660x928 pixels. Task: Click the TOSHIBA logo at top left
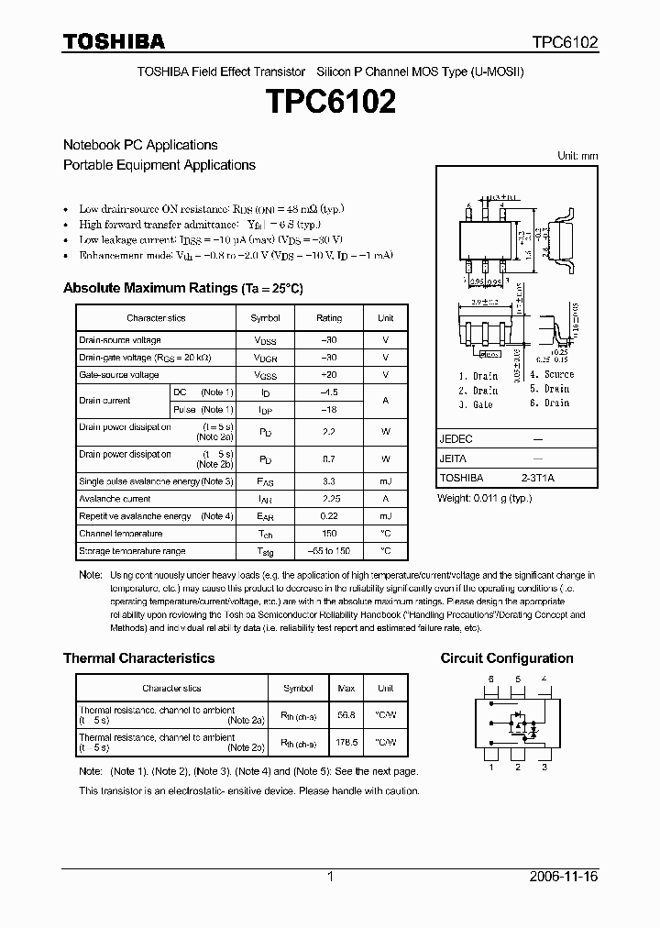[x=114, y=41]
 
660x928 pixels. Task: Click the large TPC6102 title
[x=330, y=103]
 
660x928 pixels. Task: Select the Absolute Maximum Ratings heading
[x=182, y=288]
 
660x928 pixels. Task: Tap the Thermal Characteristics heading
[x=138, y=658]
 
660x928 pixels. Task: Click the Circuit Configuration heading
[x=507, y=658]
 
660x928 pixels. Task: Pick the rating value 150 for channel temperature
[x=329, y=534]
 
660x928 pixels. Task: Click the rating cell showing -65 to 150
[x=329, y=551]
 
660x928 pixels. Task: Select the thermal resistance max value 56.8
[x=346, y=715]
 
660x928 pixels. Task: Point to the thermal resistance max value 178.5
[x=346, y=743]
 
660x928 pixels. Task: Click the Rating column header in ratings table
[x=329, y=318]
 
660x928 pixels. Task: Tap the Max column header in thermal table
[x=346, y=688]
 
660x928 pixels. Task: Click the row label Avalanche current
[x=115, y=499]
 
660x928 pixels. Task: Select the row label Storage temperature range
[x=132, y=551]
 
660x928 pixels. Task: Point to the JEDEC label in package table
[x=456, y=439]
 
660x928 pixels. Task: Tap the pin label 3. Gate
[x=477, y=403]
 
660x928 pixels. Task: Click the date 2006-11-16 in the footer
[x=563, y=877]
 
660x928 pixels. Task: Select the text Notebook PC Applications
[x=140, y=145]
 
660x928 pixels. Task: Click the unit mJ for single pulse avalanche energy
[x=385, y=481]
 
